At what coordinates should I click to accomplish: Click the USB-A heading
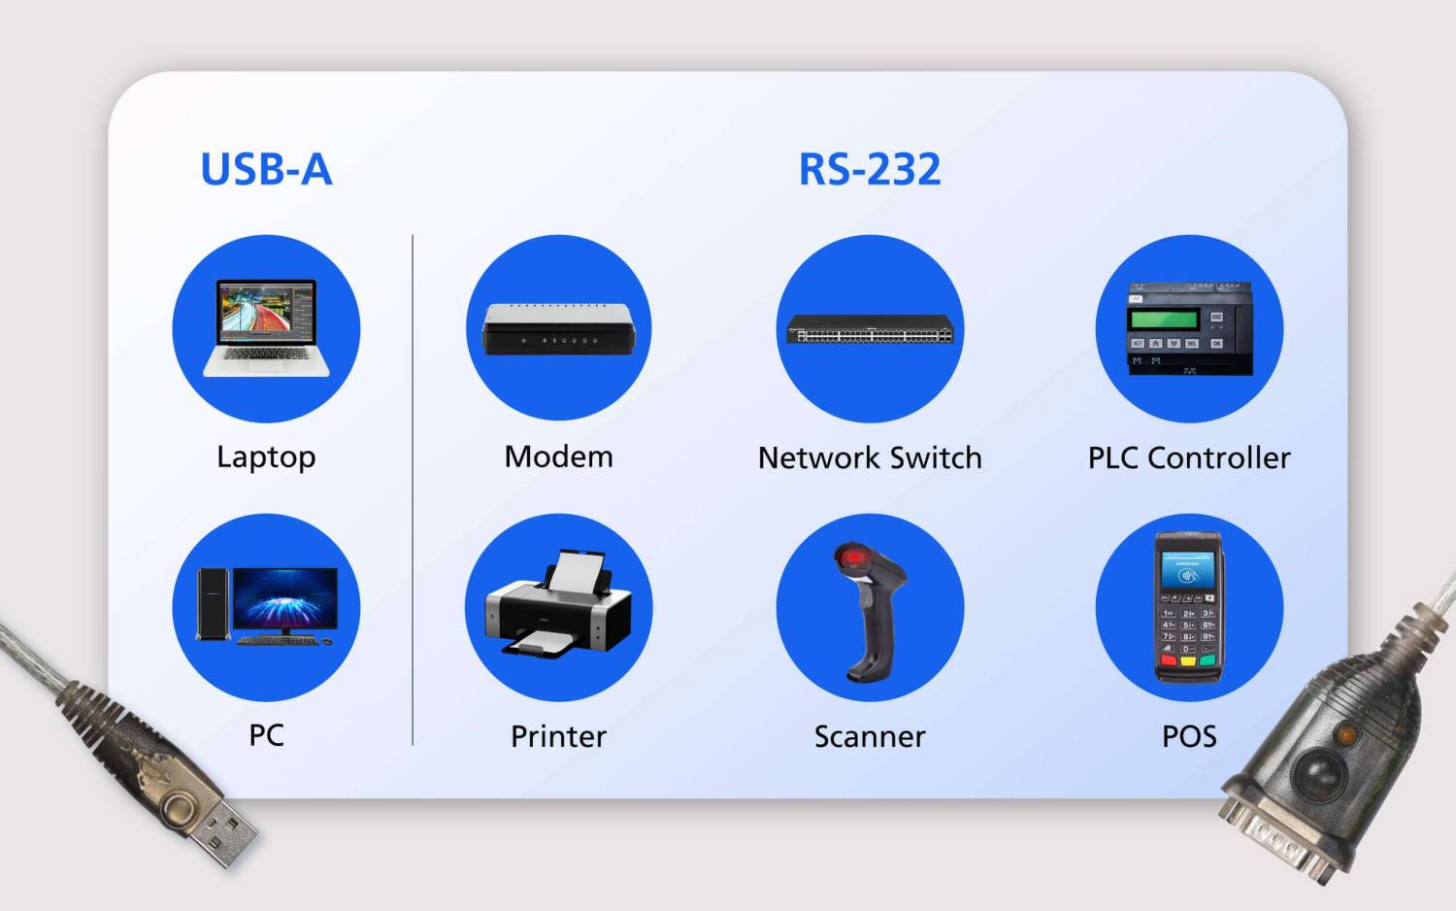click(x=266, y=170)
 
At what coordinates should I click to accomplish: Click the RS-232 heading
click(x=869, y=170)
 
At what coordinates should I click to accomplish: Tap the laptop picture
click(x=266, y=327)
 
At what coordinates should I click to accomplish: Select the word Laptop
click(x=266, y=457)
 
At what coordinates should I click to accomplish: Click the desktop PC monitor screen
click(x=285, y=596)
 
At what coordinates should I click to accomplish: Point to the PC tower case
click(x=213, y=604)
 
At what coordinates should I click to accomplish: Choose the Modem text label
click(x=558, y=456)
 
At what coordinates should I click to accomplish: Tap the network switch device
click(x=870, y=330)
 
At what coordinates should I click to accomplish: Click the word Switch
click(x=936, y=457)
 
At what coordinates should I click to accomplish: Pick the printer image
click(x=558, y=607)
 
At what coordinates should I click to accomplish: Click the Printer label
click(x=558, y=736)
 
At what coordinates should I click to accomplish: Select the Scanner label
click(x=870, y=736)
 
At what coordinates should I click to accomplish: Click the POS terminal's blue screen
click(x=1188, y=573)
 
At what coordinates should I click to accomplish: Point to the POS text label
click(x=1189, y=736)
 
